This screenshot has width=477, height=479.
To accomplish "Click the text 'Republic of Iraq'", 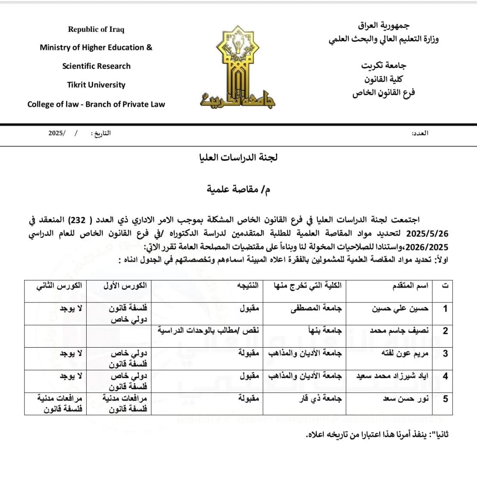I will pyautogui.click(x=96, y=29).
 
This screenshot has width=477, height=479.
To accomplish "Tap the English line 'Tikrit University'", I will pyautogui.click(x=96, y=85).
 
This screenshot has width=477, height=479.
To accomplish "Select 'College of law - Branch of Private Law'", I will pyautogui.click(x=96, y=104).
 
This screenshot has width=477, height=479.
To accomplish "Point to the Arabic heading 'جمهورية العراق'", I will pyautogui.click(x=383, y=25).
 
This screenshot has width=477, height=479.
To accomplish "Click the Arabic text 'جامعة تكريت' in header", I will pyautogui.click(x=383, y=65).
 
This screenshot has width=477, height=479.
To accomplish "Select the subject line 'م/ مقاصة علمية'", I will pyautogui.click(x=238, y=189).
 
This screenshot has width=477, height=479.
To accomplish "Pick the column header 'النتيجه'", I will pyautogui.click(x=249, y=286).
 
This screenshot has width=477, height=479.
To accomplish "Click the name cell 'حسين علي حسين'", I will pyautogui.click(x=400, y=308).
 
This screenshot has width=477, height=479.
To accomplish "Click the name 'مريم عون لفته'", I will pyautogui.click(x=405, y=354).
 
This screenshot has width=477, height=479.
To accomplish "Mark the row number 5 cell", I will pyautogui.click(x=445, y=399).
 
